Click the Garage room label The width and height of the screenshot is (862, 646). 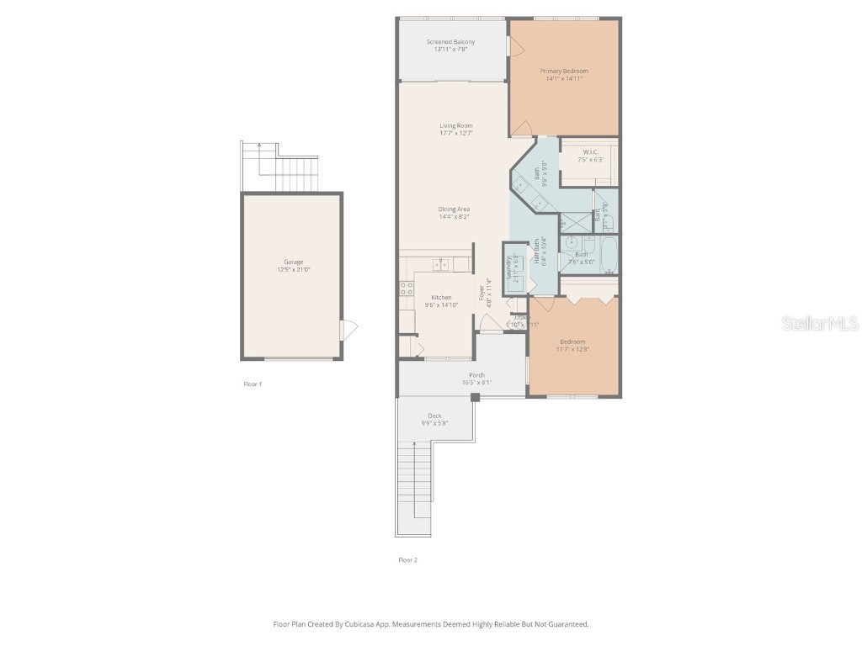pos(293,262)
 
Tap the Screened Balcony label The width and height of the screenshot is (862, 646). pos(450,42)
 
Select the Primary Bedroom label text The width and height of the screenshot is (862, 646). pos(564,71)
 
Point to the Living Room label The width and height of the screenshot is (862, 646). pos(455,126)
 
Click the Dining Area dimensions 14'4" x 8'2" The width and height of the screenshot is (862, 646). pos(454,217)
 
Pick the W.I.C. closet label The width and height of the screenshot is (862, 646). pos(589,152)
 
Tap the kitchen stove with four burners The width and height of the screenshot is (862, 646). pos(407,290)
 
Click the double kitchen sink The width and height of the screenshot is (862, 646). pos(441,265)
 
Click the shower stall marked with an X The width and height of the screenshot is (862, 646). pos(576,222)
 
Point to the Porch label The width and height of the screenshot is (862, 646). pos(476,375)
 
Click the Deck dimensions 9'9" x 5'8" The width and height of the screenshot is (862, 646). pos(434,423)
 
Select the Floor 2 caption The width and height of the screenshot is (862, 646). pos(407,559)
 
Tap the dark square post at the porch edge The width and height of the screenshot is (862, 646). pos(476,397)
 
